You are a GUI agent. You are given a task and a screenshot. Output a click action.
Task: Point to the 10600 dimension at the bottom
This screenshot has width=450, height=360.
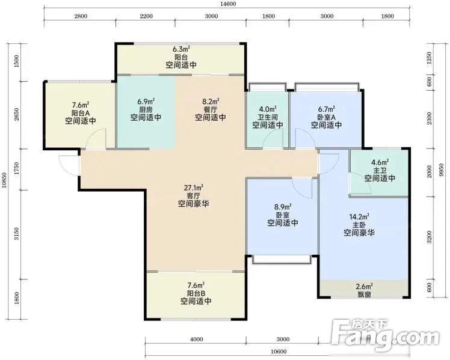(x=279, y=352)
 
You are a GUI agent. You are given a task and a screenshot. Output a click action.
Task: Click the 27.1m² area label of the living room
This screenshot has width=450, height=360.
(x=194, y=188)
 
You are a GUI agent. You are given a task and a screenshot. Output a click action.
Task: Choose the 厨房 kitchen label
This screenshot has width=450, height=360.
(x=146, y=109)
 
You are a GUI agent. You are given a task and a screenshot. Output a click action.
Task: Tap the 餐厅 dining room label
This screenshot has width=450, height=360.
(x=211, y=109)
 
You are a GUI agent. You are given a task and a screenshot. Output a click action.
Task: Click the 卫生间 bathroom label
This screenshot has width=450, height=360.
(x=268, y=117)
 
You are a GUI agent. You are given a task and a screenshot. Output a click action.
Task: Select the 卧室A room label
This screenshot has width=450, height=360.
(x=327, y=117)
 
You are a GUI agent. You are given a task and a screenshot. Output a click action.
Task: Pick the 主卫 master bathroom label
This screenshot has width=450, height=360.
(x=380, y=171)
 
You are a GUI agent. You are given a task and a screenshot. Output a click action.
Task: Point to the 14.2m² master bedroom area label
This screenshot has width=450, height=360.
(x=359, y=216)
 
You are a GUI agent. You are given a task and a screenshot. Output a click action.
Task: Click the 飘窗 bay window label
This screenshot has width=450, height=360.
(x=364, y=294)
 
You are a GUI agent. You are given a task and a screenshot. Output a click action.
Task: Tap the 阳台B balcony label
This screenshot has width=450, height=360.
(x=196, y=293)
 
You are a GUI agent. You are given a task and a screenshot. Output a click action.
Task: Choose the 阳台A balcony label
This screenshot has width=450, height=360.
(x=81, y=113)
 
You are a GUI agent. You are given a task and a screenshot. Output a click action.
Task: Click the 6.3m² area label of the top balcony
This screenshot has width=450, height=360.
(x=181, y=49)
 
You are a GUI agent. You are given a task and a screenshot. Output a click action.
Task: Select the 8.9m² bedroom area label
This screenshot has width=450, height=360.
(x=283, y=207)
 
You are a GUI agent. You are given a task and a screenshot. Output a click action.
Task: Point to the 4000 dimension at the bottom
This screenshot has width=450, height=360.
(x=196, y=340)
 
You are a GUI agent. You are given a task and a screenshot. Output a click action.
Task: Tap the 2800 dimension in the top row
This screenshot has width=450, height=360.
(x=81, y=16)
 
